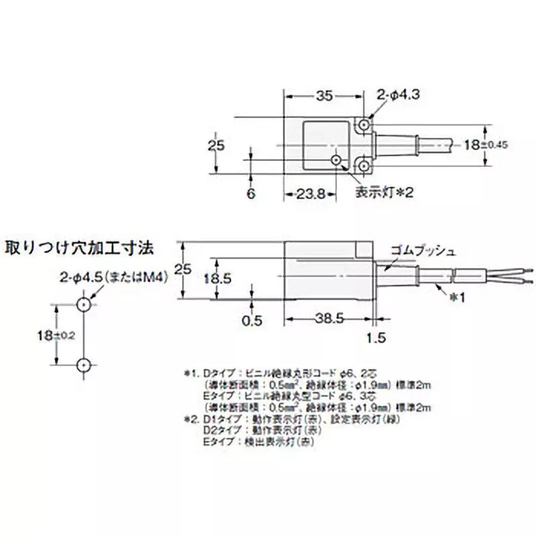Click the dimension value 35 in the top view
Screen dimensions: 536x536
point(324,96)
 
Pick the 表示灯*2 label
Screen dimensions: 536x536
point(385,193)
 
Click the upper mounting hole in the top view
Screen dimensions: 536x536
point(364,125)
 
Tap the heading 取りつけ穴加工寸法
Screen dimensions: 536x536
point(79,247)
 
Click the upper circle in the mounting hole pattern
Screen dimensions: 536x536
point(84,305)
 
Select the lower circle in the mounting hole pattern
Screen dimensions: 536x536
point(84,364)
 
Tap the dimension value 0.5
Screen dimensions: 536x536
point(251,320)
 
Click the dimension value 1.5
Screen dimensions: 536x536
point(377,339)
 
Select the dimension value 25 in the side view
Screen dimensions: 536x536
point(182,269)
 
